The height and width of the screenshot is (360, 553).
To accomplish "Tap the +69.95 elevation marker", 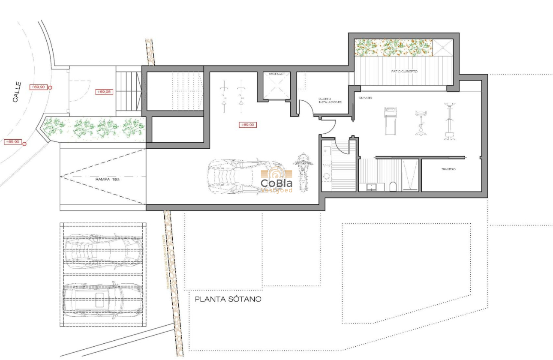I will click(x=104, y=92).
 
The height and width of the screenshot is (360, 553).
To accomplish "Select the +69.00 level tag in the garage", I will click(x=247, y=125).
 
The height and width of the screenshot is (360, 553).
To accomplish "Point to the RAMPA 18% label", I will click(x=108, y=180).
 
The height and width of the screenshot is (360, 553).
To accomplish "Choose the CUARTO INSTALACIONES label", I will click(x=330, y=101).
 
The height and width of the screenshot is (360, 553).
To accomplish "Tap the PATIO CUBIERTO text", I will click(x=404, y=72).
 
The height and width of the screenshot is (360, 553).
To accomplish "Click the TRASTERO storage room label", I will click(x=448, y=169).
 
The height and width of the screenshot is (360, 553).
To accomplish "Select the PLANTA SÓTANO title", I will click(x=228, y=299).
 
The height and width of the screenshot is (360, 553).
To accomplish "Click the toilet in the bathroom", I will click(x=393, y=186).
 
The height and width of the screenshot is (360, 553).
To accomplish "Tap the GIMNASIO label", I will click(x=365, y=98).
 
